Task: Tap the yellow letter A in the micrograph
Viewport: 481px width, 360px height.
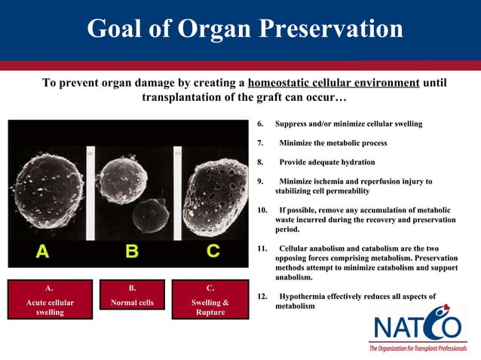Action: pos(42,252)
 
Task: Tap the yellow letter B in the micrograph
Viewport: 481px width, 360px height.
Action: pos(131,252)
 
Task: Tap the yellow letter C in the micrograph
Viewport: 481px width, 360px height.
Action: pos(213,252)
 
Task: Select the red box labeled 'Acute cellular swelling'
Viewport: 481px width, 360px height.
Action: pos(50,300)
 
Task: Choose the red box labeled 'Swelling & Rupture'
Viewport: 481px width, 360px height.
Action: pos(210,300)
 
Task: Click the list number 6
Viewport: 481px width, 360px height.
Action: pos(261,124)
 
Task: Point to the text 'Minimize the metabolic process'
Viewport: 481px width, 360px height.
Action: pos(332,142)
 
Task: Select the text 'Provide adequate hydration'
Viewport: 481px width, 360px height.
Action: pos(326,162)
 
